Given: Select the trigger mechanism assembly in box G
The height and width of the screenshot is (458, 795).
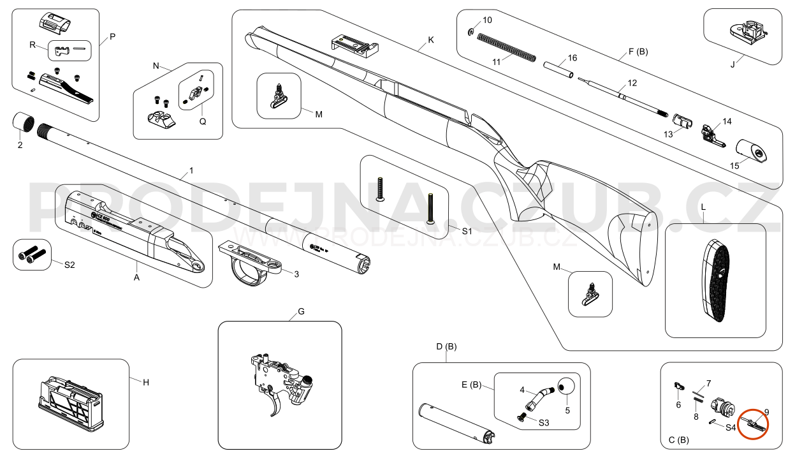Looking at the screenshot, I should click(281, 383).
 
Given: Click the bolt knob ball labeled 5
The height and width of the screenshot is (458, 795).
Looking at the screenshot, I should click(565, 387).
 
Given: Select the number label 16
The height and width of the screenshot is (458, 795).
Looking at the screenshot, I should click(573, 58).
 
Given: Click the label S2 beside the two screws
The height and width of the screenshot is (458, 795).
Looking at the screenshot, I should click(69, 265).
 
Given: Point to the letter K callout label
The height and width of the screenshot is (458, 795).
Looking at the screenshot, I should click(431, 40).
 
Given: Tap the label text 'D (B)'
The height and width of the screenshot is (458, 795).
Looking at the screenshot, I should click(446, 346).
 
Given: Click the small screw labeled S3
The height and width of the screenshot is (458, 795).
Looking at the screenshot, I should click(521, 417).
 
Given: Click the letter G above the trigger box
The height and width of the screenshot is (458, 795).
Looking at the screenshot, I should click(301, 312).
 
